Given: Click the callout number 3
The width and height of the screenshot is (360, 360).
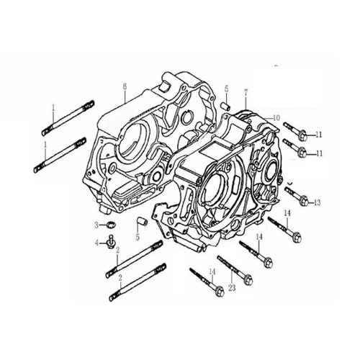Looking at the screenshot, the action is (x=96, y=225).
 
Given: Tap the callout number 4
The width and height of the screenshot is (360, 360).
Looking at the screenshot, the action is (x=96, y=243).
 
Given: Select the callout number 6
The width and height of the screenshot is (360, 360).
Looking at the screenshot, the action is (x=125, y=87).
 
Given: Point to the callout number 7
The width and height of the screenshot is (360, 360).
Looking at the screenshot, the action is (x=246, y=94).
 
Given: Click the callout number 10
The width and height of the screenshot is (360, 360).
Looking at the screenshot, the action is (x=276, y=118).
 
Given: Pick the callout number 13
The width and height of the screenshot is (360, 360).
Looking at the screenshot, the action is (x=317, y=202).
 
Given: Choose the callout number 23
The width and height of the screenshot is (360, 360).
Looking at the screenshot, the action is (x=232, y=288).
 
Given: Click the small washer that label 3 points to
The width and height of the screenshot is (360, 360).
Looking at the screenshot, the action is (x=111, y=225).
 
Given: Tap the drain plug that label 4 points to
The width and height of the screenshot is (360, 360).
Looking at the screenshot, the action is (x=111, y=242).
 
